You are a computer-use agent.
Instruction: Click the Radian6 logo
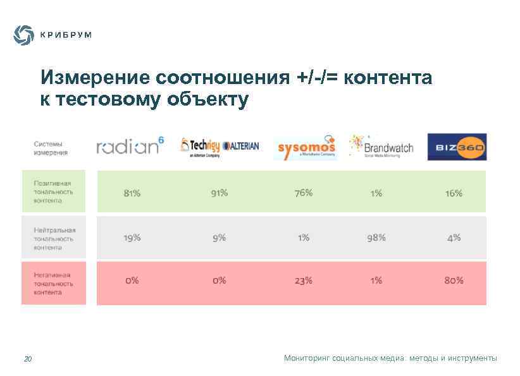click(130, 146)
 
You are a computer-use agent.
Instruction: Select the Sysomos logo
click(306, 147)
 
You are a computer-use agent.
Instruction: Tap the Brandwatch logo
click(381, 146)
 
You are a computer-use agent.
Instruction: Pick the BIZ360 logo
click(457, 147)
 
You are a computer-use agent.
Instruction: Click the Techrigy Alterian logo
click(220, 147)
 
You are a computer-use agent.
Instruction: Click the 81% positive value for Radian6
click(132, 193)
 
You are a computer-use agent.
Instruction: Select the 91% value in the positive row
click(220, 193)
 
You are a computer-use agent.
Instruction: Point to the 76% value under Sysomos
click(304, 193)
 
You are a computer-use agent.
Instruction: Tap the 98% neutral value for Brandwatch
click(376, 238)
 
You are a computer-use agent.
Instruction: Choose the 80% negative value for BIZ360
click(454, 280)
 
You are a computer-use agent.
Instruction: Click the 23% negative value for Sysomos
click(304, 280)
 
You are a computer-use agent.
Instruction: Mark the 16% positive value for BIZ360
click(454, 193)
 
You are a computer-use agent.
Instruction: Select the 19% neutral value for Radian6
click(132, 238)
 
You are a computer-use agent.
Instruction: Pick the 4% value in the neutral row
click(454, 238)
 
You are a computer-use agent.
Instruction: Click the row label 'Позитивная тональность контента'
click(53, 191)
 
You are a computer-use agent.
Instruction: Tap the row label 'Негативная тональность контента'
click(53, 284)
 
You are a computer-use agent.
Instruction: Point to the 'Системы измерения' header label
click(51, 148)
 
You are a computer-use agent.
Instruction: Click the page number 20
click(28, 360)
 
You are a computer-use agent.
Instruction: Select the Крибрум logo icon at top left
click(24, 35)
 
